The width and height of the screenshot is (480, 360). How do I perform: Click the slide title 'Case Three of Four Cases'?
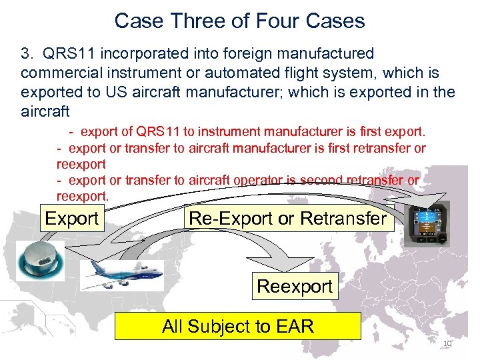tap(240, 21)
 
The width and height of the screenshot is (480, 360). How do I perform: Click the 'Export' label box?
tap(71, 218)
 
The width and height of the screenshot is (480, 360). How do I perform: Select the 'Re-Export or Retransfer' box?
tap(288, 218)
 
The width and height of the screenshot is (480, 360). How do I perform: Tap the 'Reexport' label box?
tap(294, 287)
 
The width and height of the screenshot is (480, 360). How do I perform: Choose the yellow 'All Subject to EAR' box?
tap(238, 327)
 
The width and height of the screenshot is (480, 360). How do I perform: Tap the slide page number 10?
tap(447, 343)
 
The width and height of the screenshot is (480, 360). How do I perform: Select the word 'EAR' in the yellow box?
tap(293, 327)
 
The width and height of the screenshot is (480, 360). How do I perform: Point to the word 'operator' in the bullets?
tap(260, 180)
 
